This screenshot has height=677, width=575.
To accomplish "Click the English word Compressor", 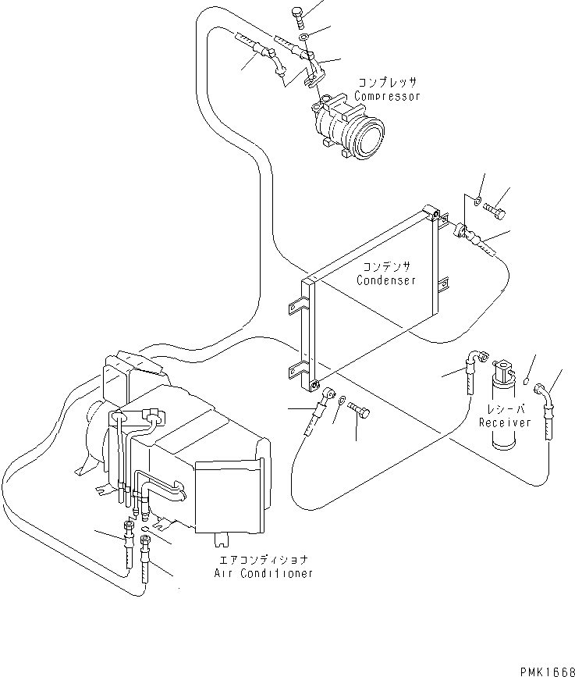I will coord(388,96).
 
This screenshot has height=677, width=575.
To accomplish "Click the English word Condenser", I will coord(386,280).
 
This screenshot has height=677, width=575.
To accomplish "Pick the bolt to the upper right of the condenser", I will coord(495,210).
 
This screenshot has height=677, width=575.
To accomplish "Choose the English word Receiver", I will coord(505,422).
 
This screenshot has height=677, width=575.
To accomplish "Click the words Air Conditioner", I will coord(263,573).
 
